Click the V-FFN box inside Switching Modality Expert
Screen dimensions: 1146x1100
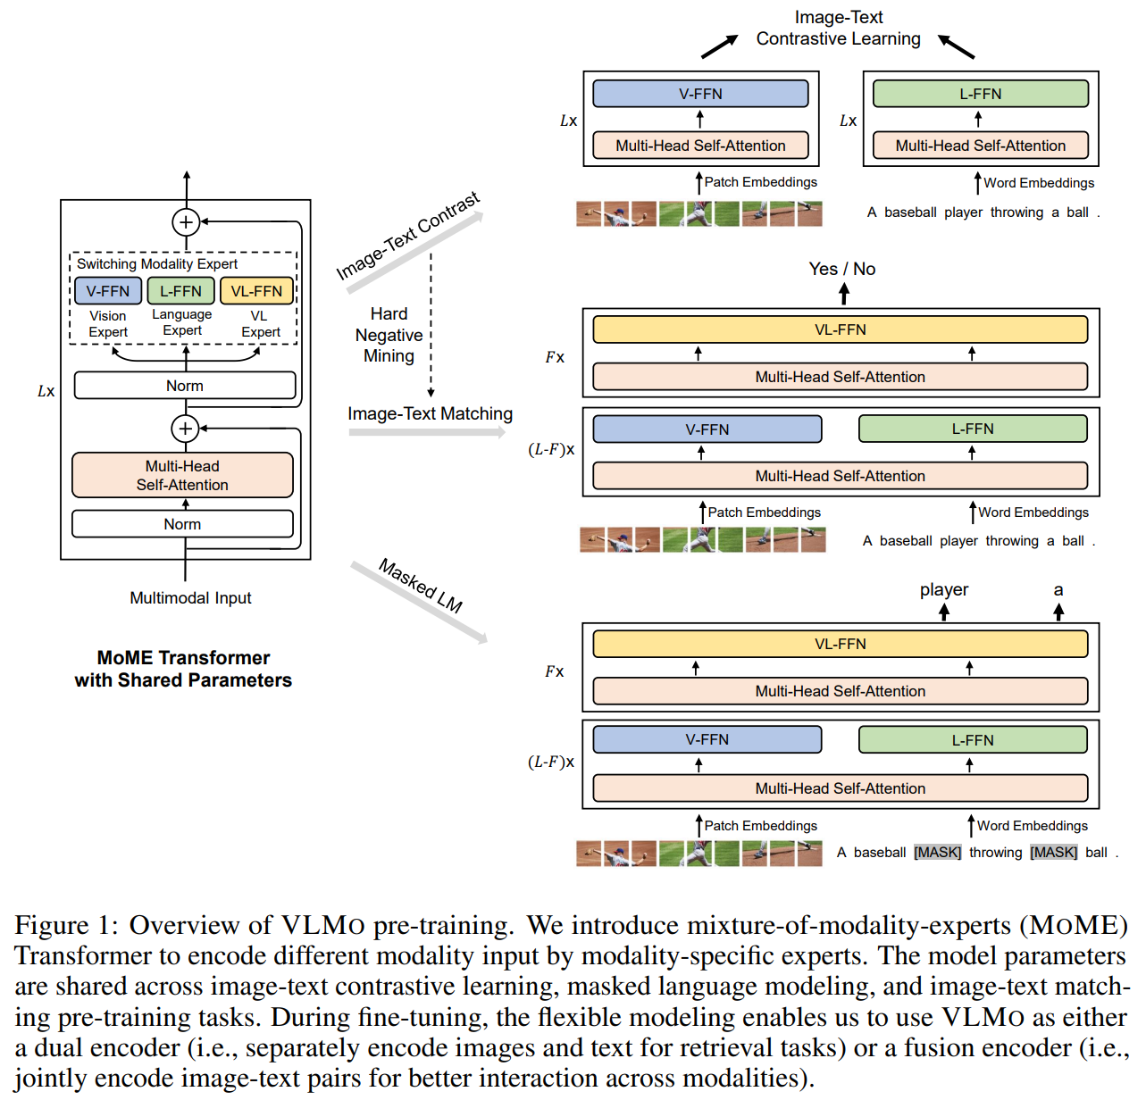click(x=108, y=291)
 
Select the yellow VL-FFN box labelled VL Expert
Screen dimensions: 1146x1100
click(x=256, y=291)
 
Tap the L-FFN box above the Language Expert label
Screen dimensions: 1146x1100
click(x=180, y=291)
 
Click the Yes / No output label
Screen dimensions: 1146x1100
click(x=842, y=269)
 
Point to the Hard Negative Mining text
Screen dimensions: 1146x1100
click(x=389, y=334)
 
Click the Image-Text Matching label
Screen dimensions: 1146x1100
click(x=430, y=413)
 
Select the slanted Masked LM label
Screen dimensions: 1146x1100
click(x=421, y=586)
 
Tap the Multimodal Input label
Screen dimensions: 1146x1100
click(x=190, y=598)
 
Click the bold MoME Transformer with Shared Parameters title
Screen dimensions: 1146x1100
click(x=183, y=669)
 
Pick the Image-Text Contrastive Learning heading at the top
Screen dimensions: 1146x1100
click(x=839, y=29)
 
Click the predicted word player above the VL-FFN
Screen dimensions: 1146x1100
click(x=944, y=590)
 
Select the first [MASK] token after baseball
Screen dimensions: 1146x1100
click(x=938, y=852)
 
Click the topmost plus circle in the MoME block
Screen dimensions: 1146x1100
click(x=186, y=222)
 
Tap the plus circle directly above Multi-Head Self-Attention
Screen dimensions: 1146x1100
click(x=186, y=429)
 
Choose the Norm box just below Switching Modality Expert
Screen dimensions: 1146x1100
click(x=185, y=386)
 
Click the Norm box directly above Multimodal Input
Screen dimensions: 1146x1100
click(x=182, y=524)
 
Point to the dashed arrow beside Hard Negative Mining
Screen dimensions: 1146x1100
click(x=431, y=325)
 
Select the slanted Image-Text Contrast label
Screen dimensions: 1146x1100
click(x=407, y=236)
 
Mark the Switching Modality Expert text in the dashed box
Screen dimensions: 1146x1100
click(x=157, y=263)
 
